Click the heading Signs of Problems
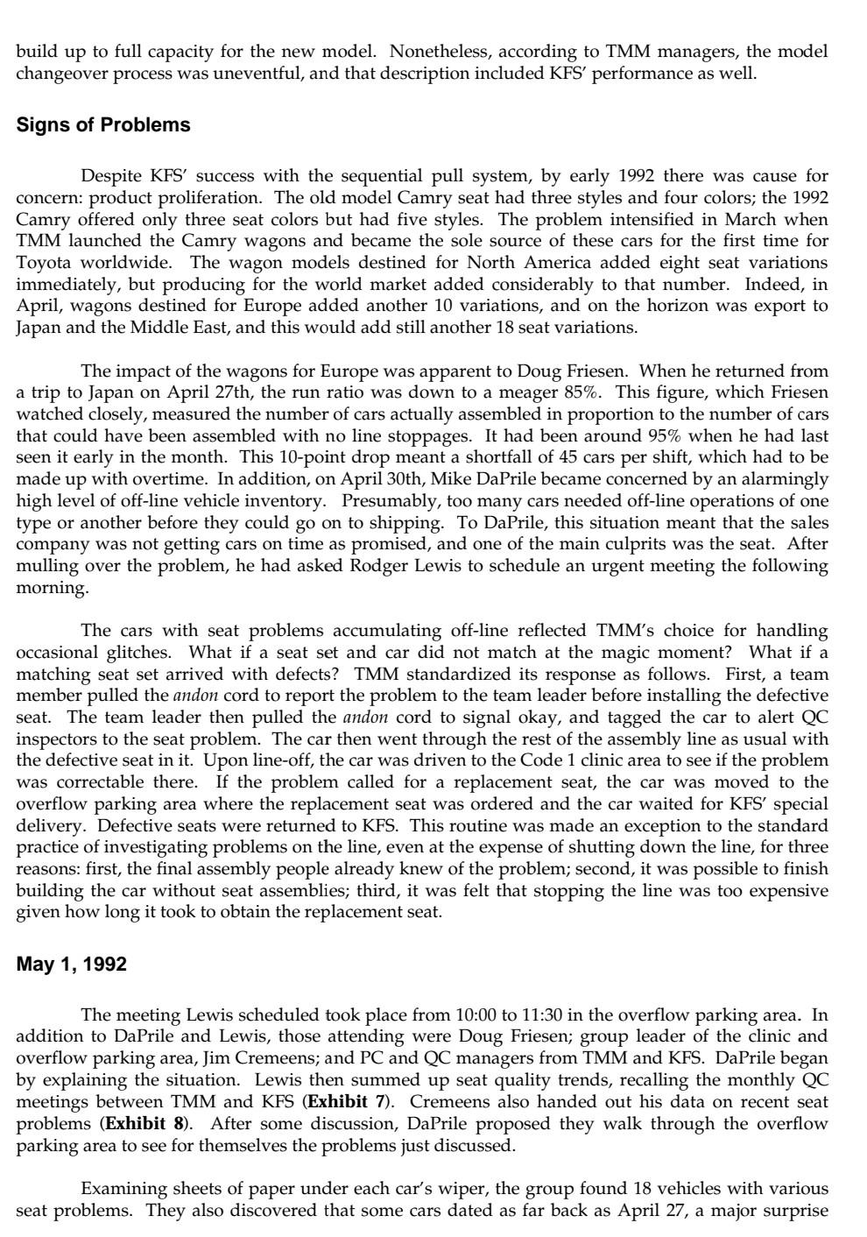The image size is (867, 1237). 103,125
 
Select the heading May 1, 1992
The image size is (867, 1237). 72,965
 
